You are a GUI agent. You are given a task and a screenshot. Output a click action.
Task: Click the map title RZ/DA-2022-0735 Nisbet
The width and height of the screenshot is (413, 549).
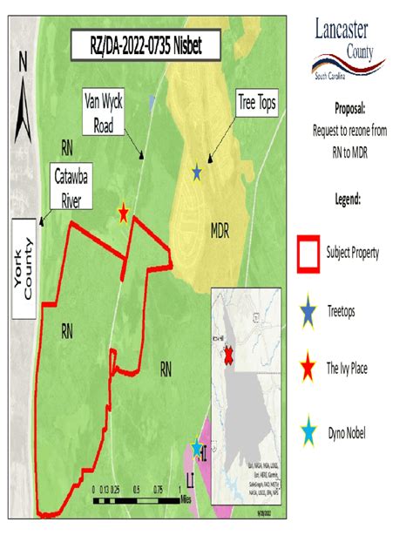tap(146, 45)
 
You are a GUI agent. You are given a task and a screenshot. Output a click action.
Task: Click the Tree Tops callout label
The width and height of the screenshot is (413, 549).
tap(256, 104)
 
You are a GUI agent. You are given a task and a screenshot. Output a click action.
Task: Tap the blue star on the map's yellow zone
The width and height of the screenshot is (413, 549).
tap(197, 173)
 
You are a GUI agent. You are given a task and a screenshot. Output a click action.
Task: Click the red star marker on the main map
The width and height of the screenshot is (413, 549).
tap(124, 213)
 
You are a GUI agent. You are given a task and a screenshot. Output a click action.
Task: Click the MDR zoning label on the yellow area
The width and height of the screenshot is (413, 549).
tap(219, 232)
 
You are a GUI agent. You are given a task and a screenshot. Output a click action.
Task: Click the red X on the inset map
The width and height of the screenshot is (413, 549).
tap(229, 356)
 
